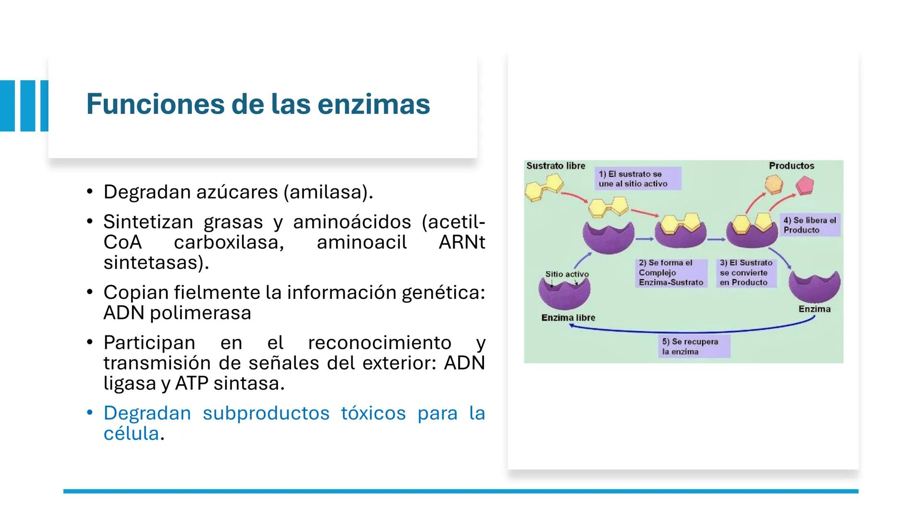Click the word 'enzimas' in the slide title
pos(374,104)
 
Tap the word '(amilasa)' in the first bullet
pos(328,192)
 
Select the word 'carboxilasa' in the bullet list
pos(229,242)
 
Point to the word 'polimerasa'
pos(201,313)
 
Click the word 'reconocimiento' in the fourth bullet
pos(380,343)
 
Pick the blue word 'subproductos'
pos(266,413)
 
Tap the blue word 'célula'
pos(131,433)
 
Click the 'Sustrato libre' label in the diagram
pos(556,166)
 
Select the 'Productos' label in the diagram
pos(791,166)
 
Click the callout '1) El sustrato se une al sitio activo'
pos(638,179)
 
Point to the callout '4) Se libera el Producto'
pos(810,225)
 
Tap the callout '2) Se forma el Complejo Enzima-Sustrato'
pos(671,273)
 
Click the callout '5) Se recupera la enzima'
pos(694,346)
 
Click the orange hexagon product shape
pos(774,185)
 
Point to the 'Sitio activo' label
pos(567,274)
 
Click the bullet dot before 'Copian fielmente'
pos(89,292)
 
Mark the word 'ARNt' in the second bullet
pos(462,242)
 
